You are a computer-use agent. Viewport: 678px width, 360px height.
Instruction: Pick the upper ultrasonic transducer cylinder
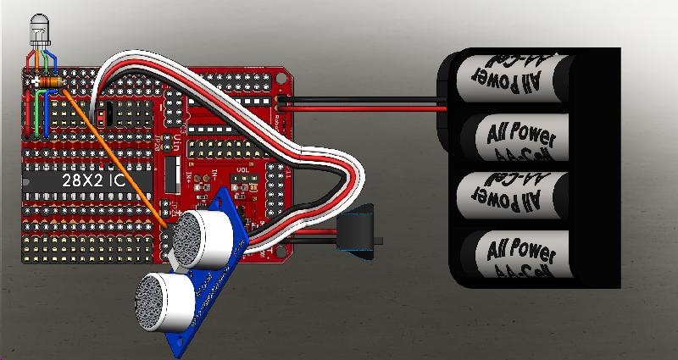coord(207,234)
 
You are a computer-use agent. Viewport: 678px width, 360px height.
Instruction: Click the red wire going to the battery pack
coord(364,100)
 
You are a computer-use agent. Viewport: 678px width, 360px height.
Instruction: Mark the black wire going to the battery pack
coord(364,108)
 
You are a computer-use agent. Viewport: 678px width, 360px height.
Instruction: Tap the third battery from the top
coord(508,196)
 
